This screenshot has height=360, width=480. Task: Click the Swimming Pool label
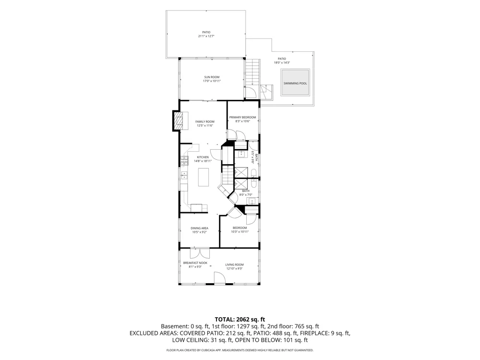point(295,83)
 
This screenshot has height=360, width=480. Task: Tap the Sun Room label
point(212,77)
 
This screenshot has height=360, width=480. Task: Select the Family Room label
point(205,121)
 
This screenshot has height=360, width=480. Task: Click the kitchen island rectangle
point(203,177)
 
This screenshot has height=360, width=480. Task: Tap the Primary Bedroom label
point(242,117)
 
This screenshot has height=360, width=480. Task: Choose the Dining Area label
point(200,228)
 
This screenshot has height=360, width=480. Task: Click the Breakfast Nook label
point(195,263)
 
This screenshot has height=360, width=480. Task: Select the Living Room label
point(235,265)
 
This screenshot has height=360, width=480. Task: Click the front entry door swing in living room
point(219,278)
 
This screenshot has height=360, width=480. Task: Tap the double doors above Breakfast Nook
point(200,253)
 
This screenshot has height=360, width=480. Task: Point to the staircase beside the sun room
point(252,72)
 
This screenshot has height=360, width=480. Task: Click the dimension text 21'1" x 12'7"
point(206,36)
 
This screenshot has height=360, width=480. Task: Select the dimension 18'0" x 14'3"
point(282,63)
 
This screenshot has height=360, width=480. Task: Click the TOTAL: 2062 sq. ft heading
point(240,320)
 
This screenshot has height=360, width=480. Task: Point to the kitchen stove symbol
point(184,161)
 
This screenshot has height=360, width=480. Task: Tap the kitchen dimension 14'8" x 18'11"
point(203,161)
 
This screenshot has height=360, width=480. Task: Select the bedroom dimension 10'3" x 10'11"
point(240,232)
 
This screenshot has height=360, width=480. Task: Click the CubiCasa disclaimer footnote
point(240,350)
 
